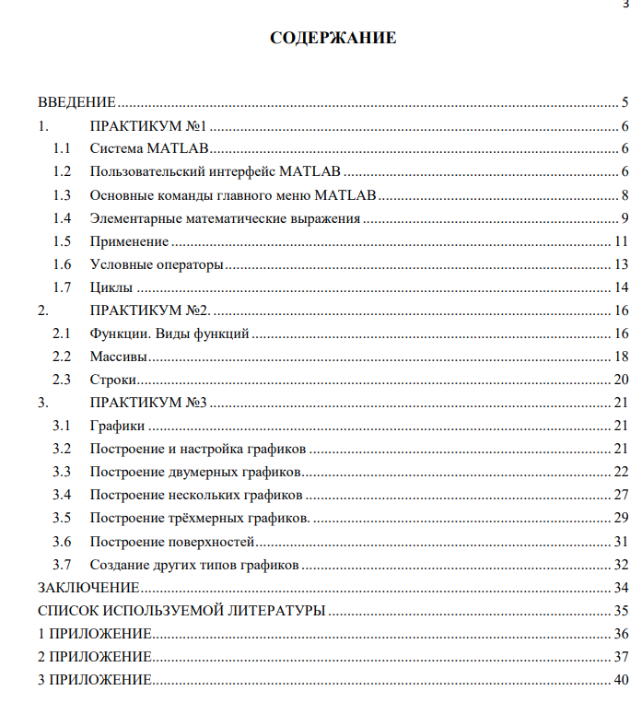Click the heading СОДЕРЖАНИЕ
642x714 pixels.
333,38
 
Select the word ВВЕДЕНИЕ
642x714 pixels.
76,102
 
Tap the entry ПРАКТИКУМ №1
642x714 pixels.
151,126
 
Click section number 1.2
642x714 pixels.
62,171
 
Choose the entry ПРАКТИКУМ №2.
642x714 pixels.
151,310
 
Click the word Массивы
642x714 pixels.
119,357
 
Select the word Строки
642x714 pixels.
113,380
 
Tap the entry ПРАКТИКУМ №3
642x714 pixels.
151,403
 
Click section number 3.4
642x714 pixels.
62,495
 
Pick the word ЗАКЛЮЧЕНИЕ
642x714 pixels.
88,587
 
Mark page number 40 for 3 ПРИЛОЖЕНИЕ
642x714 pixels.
621,680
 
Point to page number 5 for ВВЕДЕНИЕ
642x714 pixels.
624,102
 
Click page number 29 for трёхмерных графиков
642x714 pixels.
621,518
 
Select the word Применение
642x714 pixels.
129,241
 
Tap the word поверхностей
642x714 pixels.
214,541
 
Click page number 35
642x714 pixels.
621,610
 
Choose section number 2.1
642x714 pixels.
62,334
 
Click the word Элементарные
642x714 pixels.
134,218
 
